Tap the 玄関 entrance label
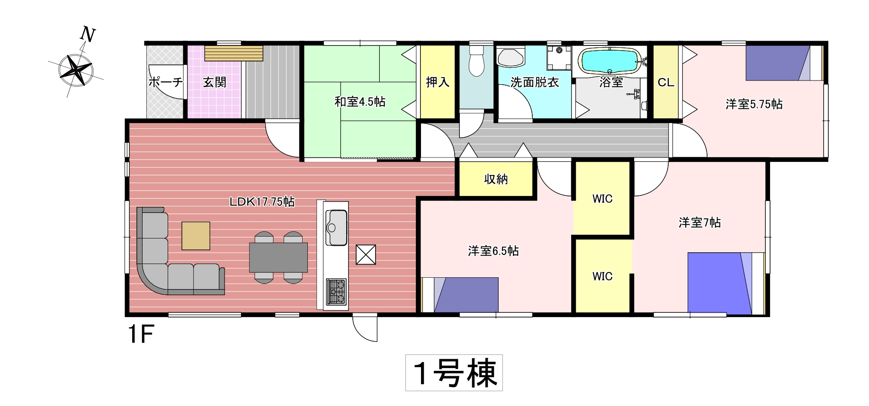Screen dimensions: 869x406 [x=215, y=82]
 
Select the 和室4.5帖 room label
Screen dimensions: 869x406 [x=360, y=102]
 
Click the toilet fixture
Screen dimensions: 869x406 [x=477, y=61]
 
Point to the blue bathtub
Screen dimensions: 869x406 [x=609, y=61]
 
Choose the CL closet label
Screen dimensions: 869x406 [x=666, y=82]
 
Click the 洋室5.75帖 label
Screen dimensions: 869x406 [x=754, y=104]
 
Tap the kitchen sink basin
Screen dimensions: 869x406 [x=336, y=228]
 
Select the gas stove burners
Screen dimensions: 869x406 [x=336, y=291]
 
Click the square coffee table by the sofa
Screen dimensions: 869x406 [x=196, y=236]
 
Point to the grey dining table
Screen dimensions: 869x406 [x=278, y=257]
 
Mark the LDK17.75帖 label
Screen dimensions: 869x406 [x=262, y=202]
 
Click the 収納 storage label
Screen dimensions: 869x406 [x=496, y=179]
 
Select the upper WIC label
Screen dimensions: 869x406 [x=602, y=199]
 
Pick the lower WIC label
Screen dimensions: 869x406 [x=602, y=276]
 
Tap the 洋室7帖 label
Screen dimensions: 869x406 [x=699, y=222]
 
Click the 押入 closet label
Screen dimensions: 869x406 [x=438, y=82]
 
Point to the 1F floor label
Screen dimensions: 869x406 [x=141, y=335]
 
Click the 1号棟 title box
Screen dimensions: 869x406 [x=454, y=373]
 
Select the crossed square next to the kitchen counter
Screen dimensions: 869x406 [x=366, y=255]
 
